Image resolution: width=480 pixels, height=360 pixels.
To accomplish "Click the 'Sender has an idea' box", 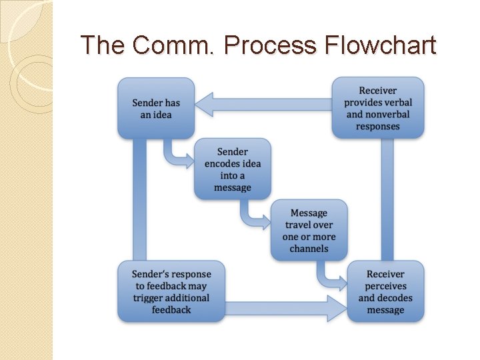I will click(x=156, y=108).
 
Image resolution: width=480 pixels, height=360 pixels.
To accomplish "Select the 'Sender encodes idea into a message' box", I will click(x=233, y=169).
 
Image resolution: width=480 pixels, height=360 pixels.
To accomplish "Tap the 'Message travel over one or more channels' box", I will click(x=309, y=230).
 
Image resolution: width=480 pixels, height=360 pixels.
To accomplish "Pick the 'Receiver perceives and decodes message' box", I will click(x=385, y=292).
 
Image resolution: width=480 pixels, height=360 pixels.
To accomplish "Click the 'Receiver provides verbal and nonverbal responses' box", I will click(x=378, y=108).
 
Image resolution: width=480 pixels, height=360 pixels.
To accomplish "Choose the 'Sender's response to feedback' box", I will click(x=171, y=292).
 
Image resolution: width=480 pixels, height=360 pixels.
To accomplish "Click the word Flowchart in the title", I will click(x=381, y=45).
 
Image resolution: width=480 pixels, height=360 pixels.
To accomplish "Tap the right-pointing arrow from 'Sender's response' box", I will click(x=287, y=309).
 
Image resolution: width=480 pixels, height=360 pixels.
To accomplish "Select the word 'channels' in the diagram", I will click(x=309, y=249).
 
